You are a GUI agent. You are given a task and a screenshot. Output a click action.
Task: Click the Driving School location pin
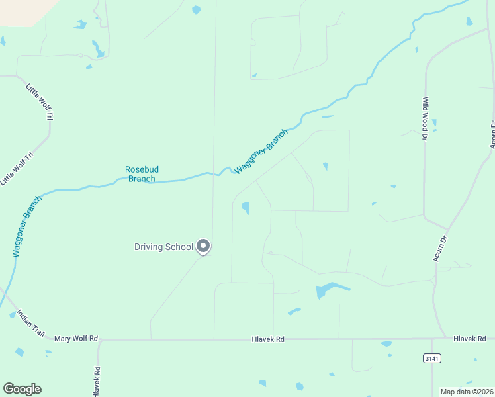pyautogui.click(x=203, y=247)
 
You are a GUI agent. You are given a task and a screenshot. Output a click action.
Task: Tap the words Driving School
pyautogui.click(x=163, y=247)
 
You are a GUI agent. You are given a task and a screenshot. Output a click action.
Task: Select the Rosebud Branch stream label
pyautogui.click(x=141, y=174)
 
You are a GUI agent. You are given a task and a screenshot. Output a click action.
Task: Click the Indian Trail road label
pyautogui.click(x=30, y=324)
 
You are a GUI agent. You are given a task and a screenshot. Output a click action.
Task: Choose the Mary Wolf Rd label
pyautogui.click(x=76, y=339)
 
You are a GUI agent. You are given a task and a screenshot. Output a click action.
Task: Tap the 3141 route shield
pyautogui.click(x=431, y=358)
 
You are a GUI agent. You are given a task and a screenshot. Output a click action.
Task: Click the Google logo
pyautogui.click(x=22, y=389)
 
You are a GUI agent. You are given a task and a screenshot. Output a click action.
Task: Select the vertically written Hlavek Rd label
pyautogui.click(x=97, y=382)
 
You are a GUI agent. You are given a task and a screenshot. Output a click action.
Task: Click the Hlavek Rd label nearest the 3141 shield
pyautogui.click(x=469, y=339)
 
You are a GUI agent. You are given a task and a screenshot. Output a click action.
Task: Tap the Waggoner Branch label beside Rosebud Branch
pyautogui.click(x=261, y=152)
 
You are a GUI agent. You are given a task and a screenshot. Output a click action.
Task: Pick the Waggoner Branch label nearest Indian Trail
pyautogui.click(x=26, y=226)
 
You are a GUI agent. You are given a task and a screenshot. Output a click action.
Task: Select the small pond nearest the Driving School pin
pyautogui.click(x=246, y=208)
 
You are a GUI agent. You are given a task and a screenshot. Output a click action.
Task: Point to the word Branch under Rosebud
pyautogui.click(x=141, y=179)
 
